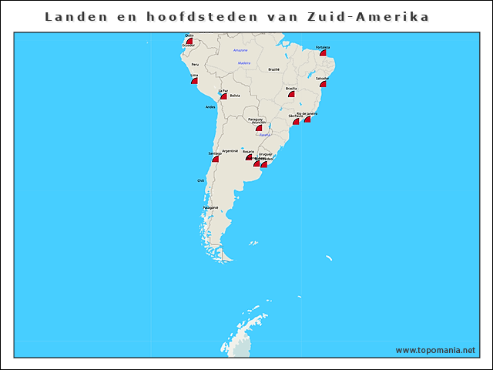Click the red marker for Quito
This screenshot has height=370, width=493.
click(x=189, y=40)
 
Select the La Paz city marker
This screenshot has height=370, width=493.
click(x=223, y=96)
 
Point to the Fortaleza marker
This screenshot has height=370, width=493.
click(x=324, y=52)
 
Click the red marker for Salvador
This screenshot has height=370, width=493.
click(x=323, y=83)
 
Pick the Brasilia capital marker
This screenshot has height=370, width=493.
click(x=291, y=93)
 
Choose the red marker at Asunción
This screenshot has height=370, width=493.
click(x=259, y=128)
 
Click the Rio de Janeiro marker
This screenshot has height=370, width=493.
click(x=307, y=119)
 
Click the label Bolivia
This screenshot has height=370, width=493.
click(x=235, y=96)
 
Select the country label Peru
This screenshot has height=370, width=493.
click(x=195, y=65)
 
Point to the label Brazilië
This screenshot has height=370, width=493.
click(x=273, y=69)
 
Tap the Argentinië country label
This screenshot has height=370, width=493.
click(x=230, y=150)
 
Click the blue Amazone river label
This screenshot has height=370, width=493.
click(x=240, y=50)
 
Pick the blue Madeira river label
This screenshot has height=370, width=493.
click(x=244, y=63)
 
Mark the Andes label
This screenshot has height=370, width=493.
click(x=210, y=107)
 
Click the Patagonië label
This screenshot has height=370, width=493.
click(x=211, y=207)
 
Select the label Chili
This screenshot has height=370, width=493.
click(x=201, y=180)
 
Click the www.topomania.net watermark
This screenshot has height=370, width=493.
click(x=435, y=350)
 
